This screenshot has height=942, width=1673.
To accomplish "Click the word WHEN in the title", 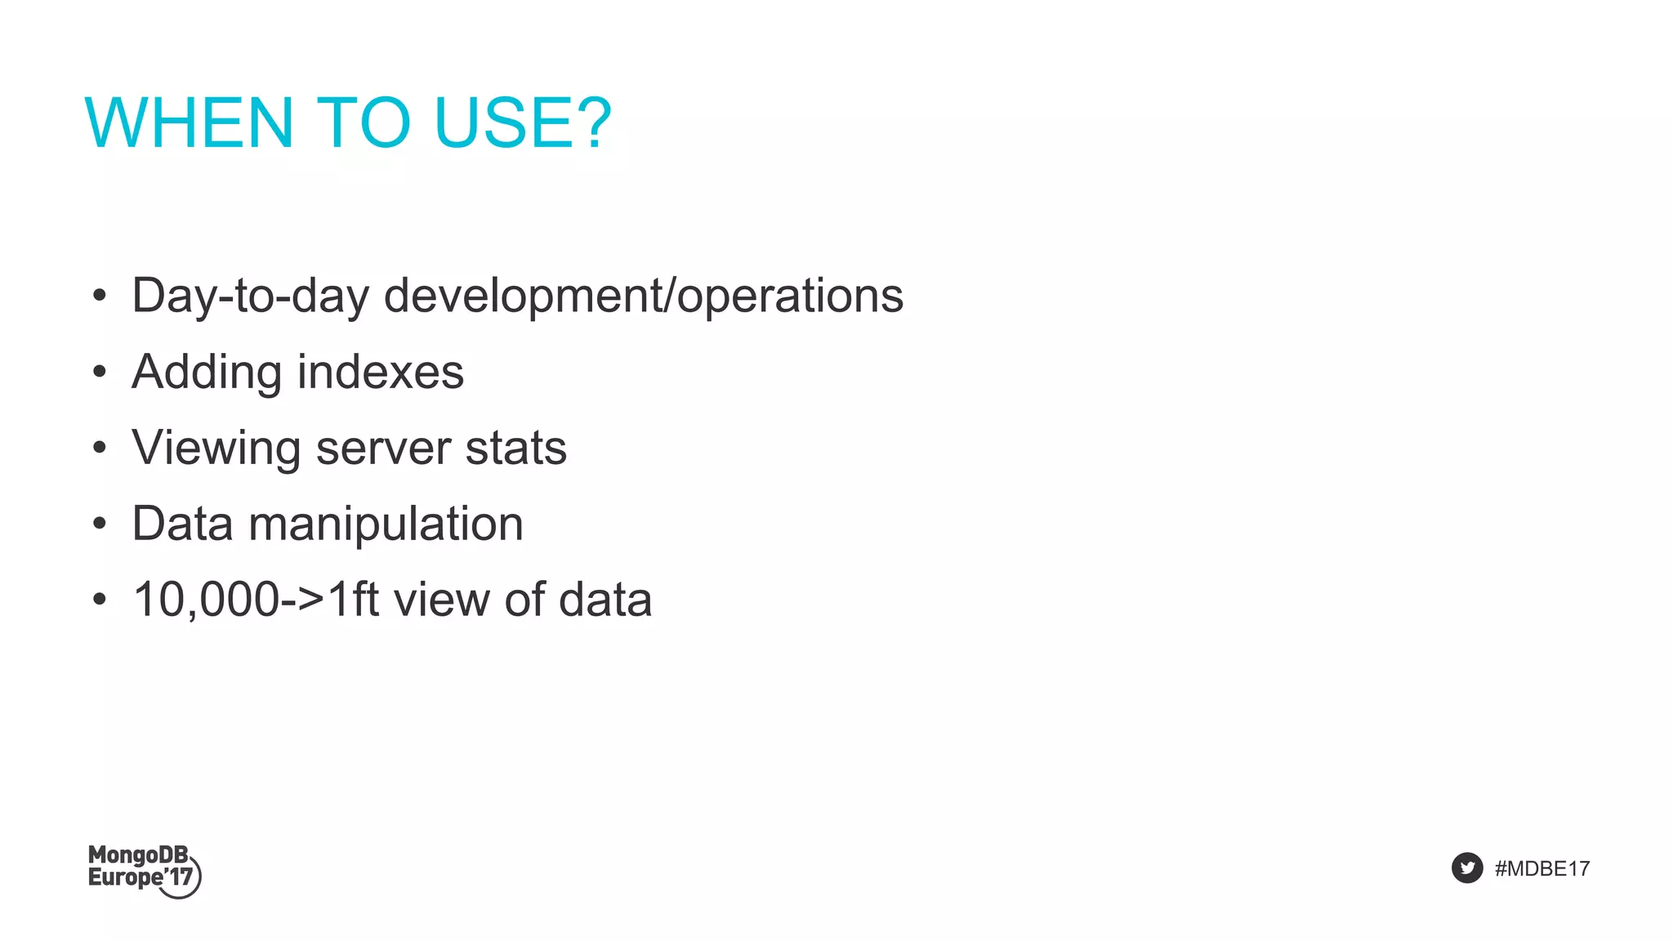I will click(189, 123).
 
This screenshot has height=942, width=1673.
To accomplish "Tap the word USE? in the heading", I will click(523, 123).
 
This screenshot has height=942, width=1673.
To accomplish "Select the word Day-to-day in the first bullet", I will click(250, 296).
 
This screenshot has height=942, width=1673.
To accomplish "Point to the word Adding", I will click(207, 373).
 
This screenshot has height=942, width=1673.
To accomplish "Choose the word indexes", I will click(381, 373).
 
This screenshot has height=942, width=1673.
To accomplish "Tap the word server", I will click(383, 449).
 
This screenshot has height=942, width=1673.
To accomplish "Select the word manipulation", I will click(386, 525).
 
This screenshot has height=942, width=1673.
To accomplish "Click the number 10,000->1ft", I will click(256, 600).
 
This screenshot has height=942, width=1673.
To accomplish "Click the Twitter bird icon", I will click(1466, 868).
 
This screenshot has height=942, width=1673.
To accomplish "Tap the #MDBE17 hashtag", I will click(1541, 868).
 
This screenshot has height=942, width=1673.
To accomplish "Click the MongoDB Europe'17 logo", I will click(144, 871).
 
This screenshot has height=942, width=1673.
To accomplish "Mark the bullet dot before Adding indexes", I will click(100, 373).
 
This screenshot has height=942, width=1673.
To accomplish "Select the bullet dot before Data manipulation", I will click(100, 524).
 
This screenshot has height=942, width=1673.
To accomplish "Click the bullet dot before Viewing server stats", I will click(100, 448).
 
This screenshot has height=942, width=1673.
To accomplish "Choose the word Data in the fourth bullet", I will click(182, 524).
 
